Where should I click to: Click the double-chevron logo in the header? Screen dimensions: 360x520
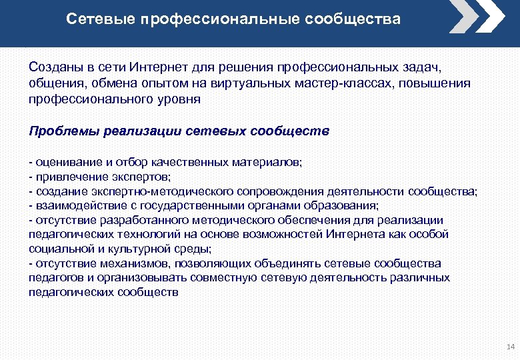pos(477,16)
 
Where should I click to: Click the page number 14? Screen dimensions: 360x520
pos(511,347)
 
